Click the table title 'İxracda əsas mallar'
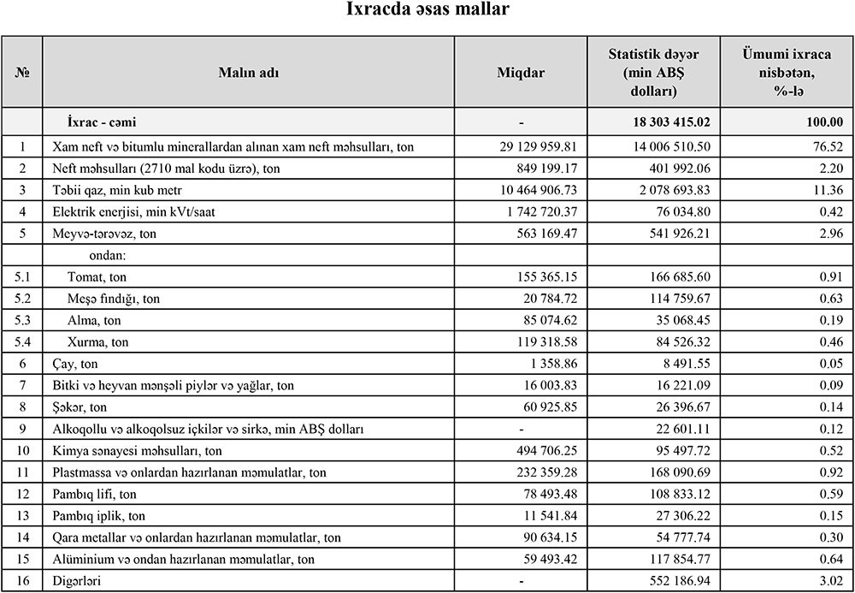pyautogui.click(x=428, y=11)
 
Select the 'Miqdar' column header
pyautogui.click(x=520, y=73)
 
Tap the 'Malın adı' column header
pyautogui.click(x=248, y=73)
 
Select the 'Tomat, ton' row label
pyautogui.click(x=97, y=277)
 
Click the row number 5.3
pyautogui.click(x=22, y=320)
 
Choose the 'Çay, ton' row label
pyautogui.click(x=75, y=364)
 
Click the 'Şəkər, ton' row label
pyautogui.click(x=80, y=407)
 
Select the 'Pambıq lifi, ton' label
pyautogui.click(x=95, y=494)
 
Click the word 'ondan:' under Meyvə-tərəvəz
pyautogui.click(x=108, y=255)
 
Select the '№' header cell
pyautogui.click(x=22, y=73)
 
